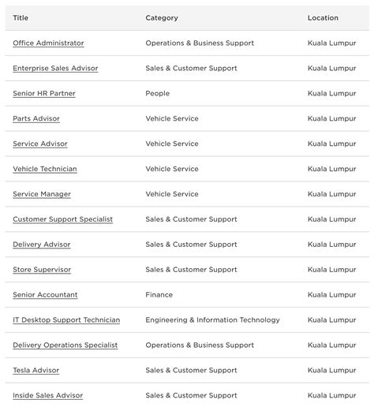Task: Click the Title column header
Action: pos(21,18)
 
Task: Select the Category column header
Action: pos(162,18)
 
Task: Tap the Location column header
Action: pos(323,18)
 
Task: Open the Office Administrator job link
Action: pos(48,43)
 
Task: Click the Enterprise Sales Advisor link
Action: pos(55,69)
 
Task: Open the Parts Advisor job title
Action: pos(36,119)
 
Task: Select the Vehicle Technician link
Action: pos(45,169)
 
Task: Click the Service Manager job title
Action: pos(42,194)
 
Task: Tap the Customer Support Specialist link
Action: pos(62,219)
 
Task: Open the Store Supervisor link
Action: pos(42,270)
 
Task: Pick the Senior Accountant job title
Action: pos(45,295)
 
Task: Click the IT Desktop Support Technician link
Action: pos(66,320)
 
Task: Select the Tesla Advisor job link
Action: pos(36,371)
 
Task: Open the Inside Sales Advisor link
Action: pos(47,396)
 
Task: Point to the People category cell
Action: pos(157,94)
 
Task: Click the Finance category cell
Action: pos(159,295)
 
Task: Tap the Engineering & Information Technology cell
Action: pos(212,320)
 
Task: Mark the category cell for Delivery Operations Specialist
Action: pos(200,345)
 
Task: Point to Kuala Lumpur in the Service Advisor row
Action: pos(331,144)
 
